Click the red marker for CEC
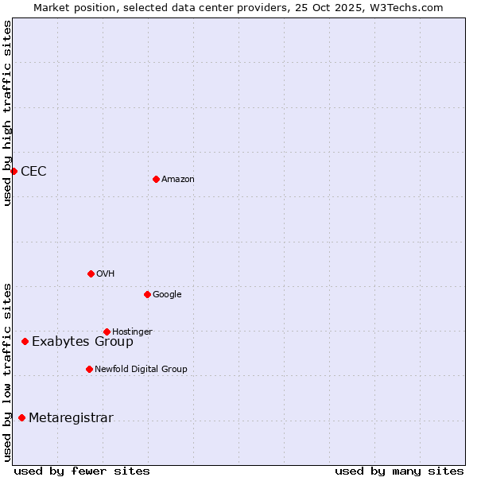point(14,171)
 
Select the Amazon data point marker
point(156,179)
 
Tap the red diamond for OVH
point(91,273)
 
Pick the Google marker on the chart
point(147,294)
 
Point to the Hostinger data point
point(107,332)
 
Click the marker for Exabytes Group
point(25,341)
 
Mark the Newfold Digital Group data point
point(89,369)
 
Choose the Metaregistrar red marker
point(21,417)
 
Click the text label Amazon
point(178,180)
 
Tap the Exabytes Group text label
point(83,342)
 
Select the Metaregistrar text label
point(71,418)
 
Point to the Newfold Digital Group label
point(141,369)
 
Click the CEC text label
point(33,172)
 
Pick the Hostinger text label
point(132,332)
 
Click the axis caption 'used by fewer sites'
point(82,471)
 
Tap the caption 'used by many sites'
point(399,471)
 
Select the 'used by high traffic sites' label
point(7,113)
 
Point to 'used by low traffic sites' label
point(7,372)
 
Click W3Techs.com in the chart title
point(408,8)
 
